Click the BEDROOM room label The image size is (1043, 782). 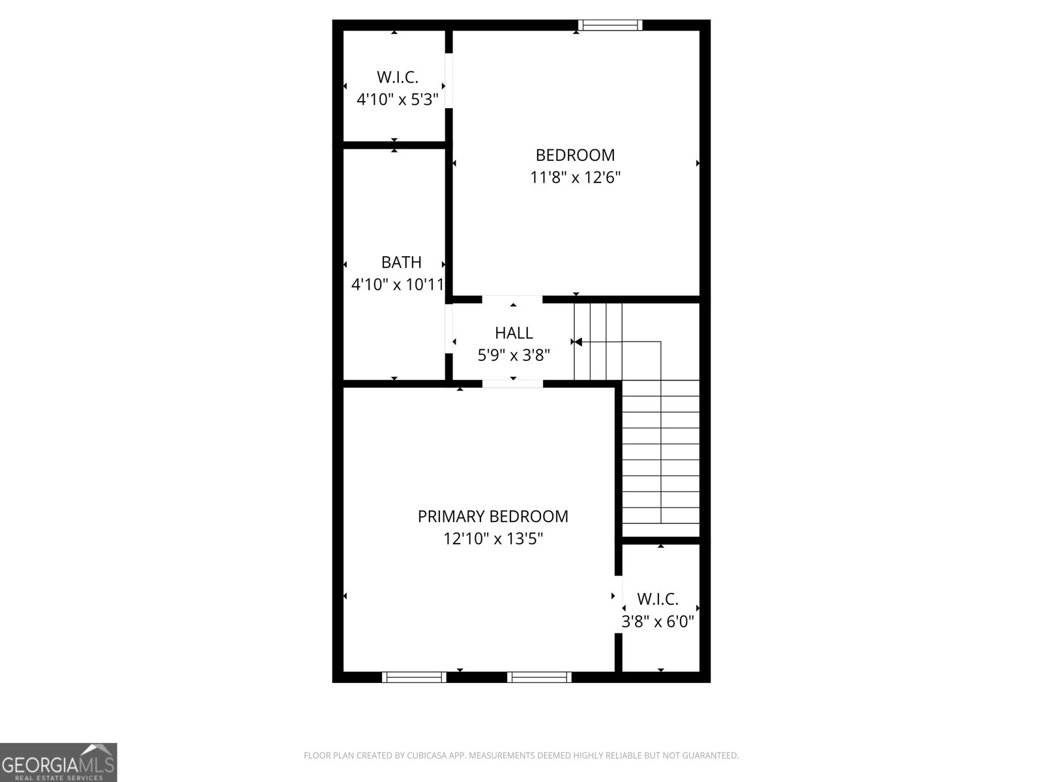coord(575,155)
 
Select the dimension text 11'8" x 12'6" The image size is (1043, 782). coord(575,177)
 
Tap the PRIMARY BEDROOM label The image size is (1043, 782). coord(493,517)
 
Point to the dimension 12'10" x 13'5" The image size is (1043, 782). coord(493,539)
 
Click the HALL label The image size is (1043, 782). coord(514,333)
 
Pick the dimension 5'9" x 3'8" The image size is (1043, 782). coord(514,355)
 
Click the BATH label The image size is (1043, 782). coord(401,263)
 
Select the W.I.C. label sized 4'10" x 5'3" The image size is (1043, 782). coord(397,78)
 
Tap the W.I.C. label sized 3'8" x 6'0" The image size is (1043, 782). coord(658,599)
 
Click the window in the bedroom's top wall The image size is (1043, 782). coord(610,25)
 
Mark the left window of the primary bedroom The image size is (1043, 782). coord(414,677)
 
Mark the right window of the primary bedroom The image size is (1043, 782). coord(539,677)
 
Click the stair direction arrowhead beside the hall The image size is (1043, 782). coord(577,341)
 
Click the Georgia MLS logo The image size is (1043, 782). coord(58,762)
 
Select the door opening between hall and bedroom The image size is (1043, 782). coord(512,299)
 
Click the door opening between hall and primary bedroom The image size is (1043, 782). coord(512,384)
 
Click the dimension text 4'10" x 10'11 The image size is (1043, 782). coord(398,285)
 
